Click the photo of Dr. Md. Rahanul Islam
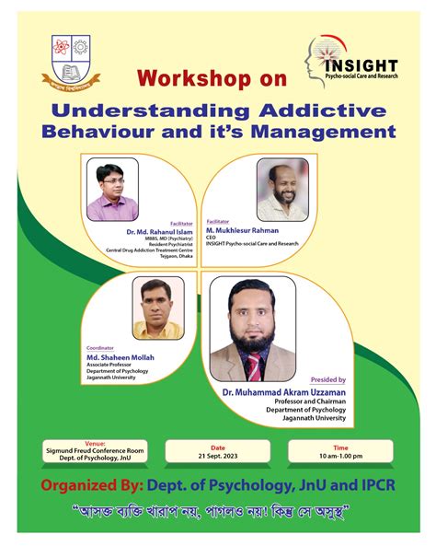coord(112,188)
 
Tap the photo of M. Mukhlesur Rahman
coord(281,188)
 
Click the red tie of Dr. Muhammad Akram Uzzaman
coord(253,366)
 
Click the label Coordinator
coord(100,348)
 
